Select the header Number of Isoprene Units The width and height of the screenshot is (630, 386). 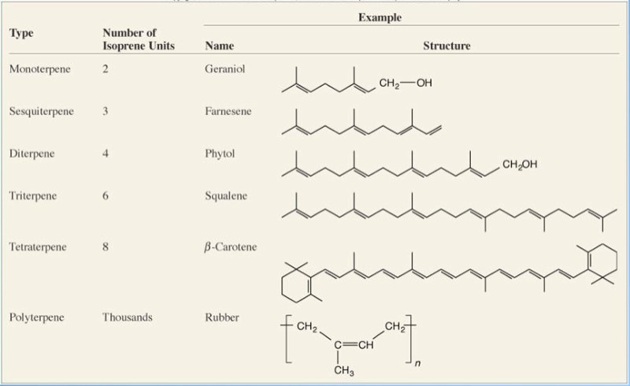(139, 39)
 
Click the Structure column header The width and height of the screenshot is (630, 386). (447, 46)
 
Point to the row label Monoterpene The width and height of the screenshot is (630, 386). (39, 69)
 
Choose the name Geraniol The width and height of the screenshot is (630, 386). (224, 69)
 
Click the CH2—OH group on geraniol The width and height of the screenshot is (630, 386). (406, 84)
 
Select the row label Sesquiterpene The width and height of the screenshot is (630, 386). (42, 111)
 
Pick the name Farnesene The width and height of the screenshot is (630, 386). (228, 111)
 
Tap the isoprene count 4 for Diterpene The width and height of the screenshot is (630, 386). (106, 154)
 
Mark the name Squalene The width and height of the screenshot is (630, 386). (226, 195)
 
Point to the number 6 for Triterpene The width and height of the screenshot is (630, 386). (106, 195)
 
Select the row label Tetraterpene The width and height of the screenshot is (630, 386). (38, 247)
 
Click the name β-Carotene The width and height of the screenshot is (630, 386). (230, 247)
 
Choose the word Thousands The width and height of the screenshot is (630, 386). (128, 317)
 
